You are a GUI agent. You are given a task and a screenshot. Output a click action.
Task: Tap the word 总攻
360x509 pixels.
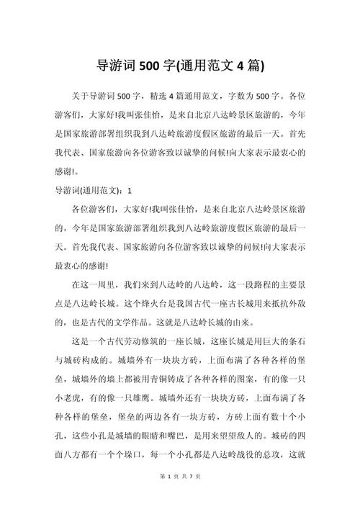(263, 454)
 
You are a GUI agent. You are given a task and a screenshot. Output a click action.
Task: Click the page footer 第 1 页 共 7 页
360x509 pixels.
(179, 497)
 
